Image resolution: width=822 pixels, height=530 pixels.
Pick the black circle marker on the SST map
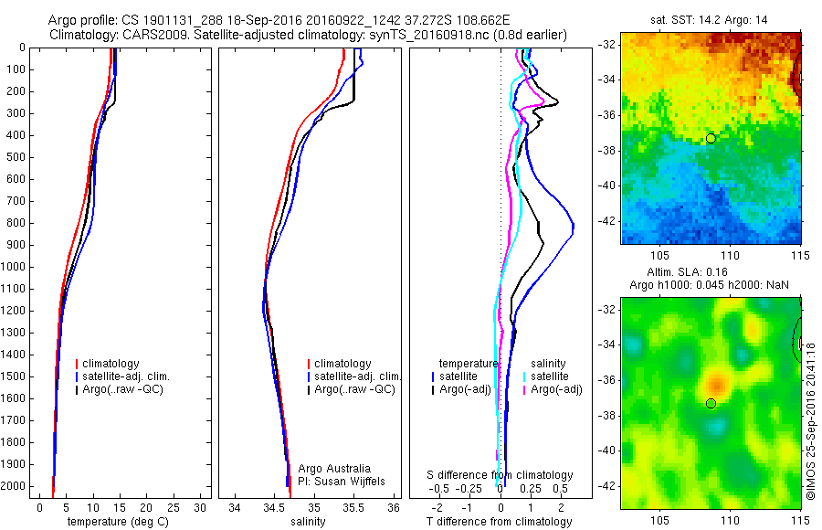pyautogui.click(x=711, y=138)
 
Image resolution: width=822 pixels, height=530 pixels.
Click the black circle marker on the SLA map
pyautogui.click(x=711, y=403)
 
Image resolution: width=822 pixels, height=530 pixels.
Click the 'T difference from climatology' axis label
pyautogui.click(x=500, y=522)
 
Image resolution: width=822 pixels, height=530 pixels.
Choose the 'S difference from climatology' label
pyautogui.click(x=501, y=475)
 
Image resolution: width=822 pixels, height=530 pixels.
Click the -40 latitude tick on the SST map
pyautogui.click(x=606, y=185)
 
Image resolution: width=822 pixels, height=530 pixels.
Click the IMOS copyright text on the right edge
pyautogui.click(x=810, y=419)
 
